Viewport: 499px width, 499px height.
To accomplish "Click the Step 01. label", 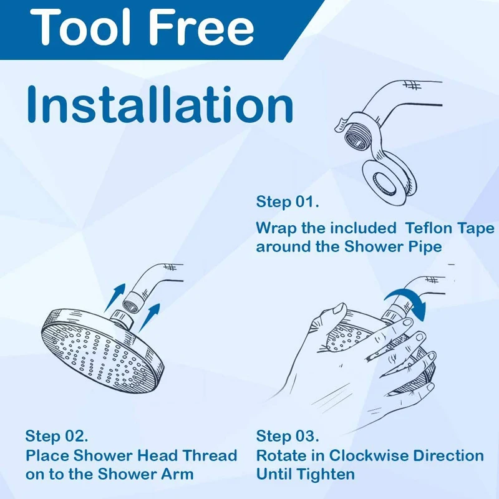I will click(288, 202).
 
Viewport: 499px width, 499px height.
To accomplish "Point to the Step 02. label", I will click(57, 435).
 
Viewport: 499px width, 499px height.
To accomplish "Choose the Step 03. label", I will click(288, 435).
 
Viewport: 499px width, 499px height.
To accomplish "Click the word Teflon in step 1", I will click(435, 228).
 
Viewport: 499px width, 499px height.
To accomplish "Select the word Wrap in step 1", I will click(275, 228).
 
